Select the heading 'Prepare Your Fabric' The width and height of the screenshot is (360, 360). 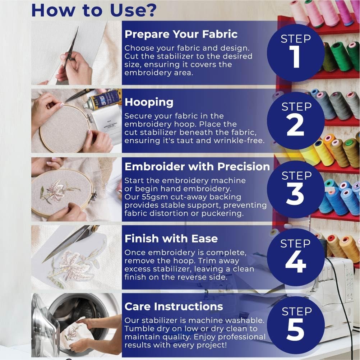pos(181,34)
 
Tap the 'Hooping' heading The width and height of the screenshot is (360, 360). pos(149,102)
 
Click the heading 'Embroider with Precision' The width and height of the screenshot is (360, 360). pos(197,166)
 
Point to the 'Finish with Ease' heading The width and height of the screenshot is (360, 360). pos(171,239)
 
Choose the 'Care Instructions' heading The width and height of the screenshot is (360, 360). pos(174,306)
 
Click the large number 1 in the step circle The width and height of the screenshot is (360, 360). pos(295,57)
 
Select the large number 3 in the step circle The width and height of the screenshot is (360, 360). pos(295,194)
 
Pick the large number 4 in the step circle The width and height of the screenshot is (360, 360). pos(295,263)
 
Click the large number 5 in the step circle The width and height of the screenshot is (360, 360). pos(295,331)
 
